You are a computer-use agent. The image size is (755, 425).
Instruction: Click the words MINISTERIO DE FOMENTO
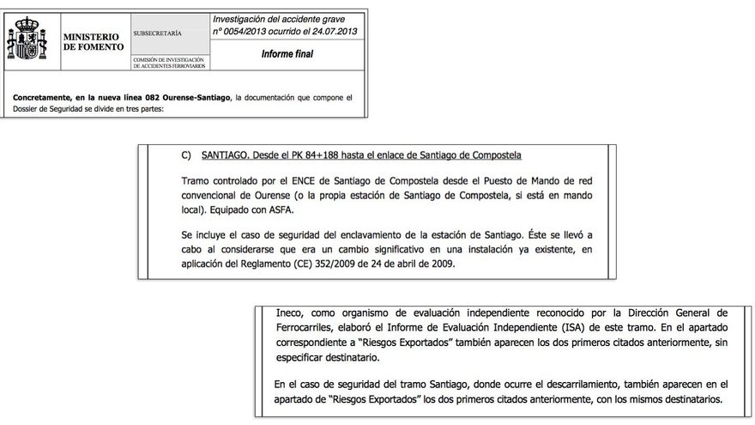pyautogui.click(x=92, y=39)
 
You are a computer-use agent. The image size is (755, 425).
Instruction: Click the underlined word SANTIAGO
pyautogui.click(x=226, y=155)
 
